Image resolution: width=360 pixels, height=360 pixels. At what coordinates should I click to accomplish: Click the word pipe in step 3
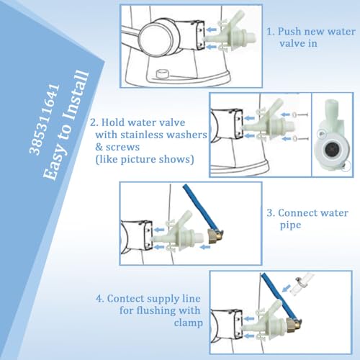click(289, 225)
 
